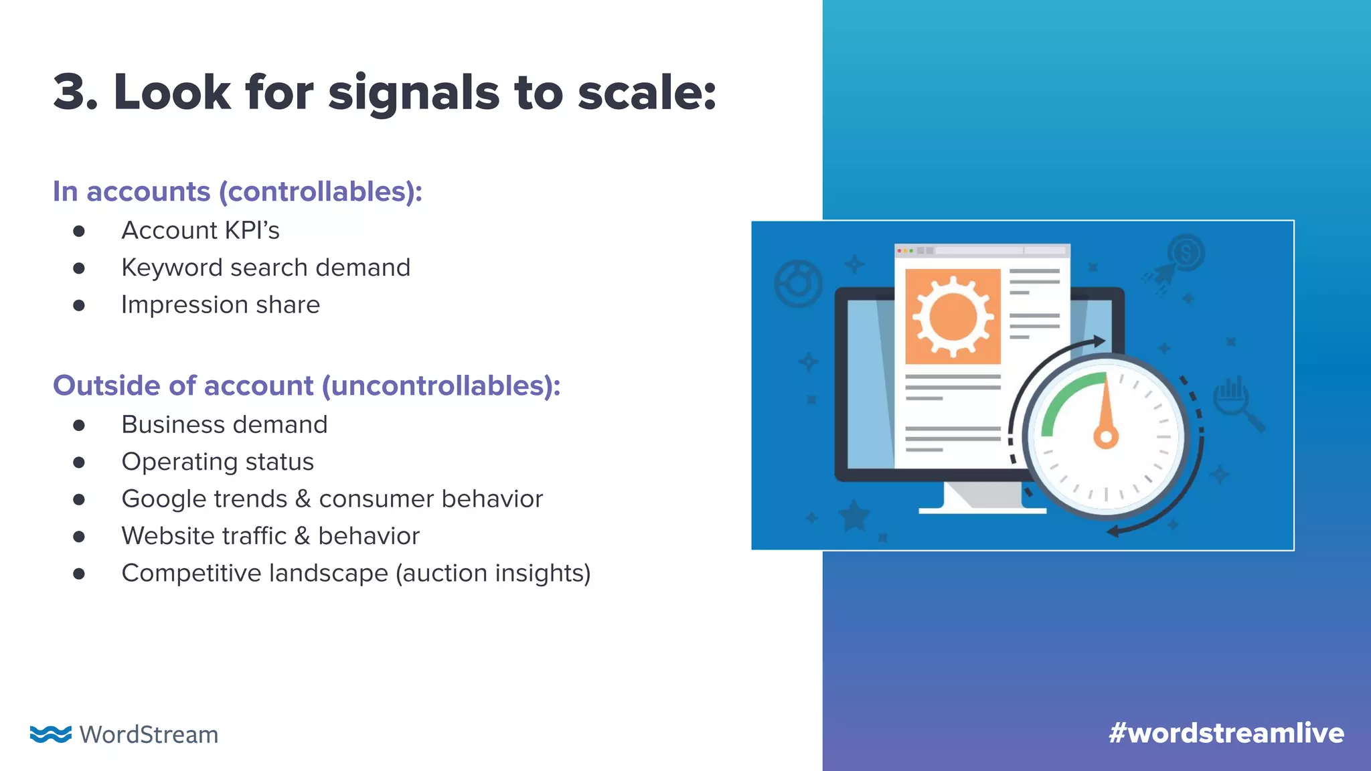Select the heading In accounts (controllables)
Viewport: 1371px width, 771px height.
238,191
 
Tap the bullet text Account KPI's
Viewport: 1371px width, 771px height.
200,230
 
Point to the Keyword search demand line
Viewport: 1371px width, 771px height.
266,268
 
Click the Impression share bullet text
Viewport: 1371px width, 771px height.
220,305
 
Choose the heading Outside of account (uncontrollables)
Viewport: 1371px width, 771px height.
307,385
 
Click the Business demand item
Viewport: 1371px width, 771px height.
224,425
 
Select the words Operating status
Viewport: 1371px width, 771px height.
218,462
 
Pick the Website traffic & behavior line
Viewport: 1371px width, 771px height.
270,536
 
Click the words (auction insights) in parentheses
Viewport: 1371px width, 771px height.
493,574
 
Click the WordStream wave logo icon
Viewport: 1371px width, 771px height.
50,734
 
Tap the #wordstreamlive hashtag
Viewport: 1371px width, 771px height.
1226,734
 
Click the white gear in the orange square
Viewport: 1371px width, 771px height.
953,317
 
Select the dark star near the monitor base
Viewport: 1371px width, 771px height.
855,516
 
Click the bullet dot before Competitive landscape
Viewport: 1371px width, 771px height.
79,574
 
